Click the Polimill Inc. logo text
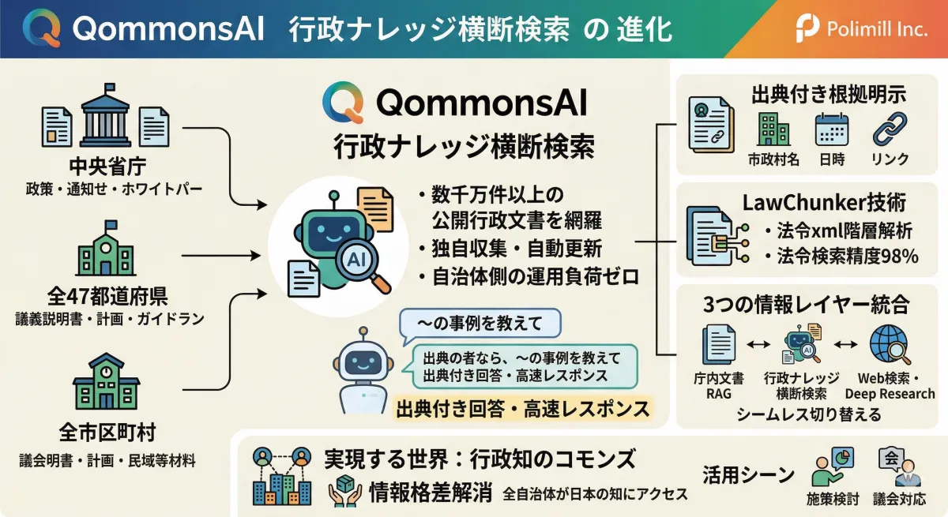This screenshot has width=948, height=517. (x=877, y=29)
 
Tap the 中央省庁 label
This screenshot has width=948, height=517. (x=107, y=166)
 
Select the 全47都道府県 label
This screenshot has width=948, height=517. (x=107, y=296)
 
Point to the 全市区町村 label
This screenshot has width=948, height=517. (x=107, y=432)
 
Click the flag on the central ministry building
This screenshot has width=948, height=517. (x=110, y=88)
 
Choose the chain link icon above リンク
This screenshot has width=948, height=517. (x=890, y=129)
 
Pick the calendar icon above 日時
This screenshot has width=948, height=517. (x=832, y=129)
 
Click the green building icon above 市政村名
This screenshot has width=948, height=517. (x=773, y=129)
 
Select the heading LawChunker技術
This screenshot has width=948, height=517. (x=824, y=203)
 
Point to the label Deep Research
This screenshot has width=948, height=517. (x=890, y=394)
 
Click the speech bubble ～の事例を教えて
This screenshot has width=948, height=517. (x=480, y=324)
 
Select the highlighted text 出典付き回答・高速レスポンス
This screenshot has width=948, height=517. (x=523, y=409)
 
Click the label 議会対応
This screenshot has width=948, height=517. (x=899, y=500)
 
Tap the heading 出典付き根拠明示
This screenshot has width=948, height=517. (x=829, y=95)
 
